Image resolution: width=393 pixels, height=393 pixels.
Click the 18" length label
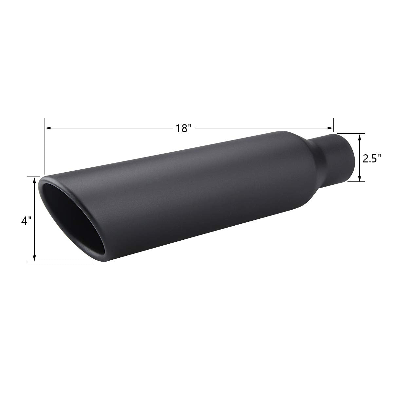(183, 128)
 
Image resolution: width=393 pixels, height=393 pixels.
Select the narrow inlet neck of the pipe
(334, 157)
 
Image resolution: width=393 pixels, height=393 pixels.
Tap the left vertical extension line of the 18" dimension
(45, 147)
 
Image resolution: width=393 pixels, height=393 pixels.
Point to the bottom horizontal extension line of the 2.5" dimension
(355, 181)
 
